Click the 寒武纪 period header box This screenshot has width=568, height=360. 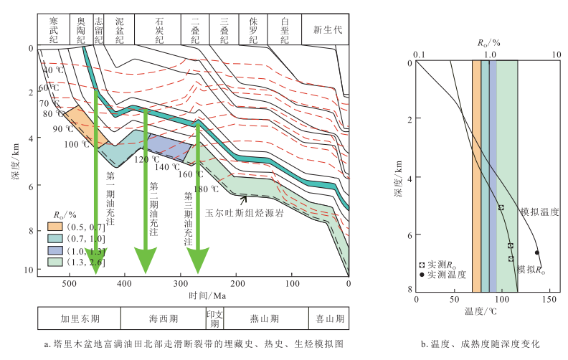(x=51, y=29)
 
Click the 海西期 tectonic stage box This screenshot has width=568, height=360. (x=164, y=318)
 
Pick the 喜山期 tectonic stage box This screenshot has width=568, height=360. (x=330, y=318)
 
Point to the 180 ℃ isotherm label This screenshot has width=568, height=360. (x=206, y=189)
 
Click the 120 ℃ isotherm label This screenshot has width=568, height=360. (x=146, y=159)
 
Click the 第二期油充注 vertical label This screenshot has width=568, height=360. (x=154, y=209)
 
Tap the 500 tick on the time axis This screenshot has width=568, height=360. (x=68, y=284)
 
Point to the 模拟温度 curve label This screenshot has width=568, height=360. (x=539, y=212)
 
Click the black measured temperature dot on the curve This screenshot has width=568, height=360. (x=537, y=252)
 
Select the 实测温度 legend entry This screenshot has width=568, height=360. (x=442, y=274)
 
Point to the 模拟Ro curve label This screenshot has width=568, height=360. (x=531, y=270)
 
